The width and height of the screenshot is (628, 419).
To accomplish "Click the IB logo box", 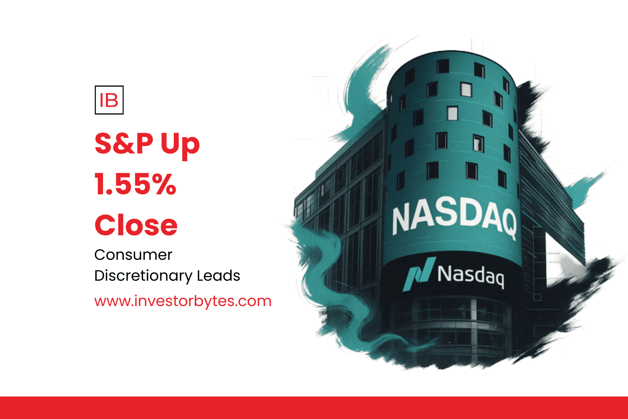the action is pyautogui.click(x=109, y=100).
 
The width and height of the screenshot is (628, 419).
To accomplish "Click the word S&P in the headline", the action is pyautogui.click(x=124, y=143).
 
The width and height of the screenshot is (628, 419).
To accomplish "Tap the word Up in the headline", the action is pyautogui.click(x=180, y=146).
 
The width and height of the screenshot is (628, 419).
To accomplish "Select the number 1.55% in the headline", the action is pyautogui.click(x=135, y=184).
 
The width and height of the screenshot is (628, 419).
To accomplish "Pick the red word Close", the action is pyautogui.click(x=136, y=225).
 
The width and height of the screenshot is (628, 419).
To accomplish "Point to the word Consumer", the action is pyautogui.click(x=133, y=255).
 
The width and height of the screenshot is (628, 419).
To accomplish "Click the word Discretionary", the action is pyautogui.click(x=143, y=276).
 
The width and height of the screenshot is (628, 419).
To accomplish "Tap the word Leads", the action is pyautogui.click(x=218, y=275).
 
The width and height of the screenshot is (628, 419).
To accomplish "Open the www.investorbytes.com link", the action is pyautogui.click(x=183, y=301).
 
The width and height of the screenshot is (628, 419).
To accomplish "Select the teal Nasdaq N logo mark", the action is pyautogui.click(x=419, y=274).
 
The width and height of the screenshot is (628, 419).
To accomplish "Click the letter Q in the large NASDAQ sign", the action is pyautogui.click(x=506, y=225).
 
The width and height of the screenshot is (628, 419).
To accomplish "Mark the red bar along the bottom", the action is pyautogui.click(x=314, y=408).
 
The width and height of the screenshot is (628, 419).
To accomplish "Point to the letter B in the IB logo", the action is pyautogui.click(x=112, y=100).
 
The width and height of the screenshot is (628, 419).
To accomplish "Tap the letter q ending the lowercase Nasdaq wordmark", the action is pyautogui.click(x=498, y=279).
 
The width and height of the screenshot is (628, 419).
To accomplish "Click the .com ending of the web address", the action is pyautogui.click(x=253, y=302).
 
